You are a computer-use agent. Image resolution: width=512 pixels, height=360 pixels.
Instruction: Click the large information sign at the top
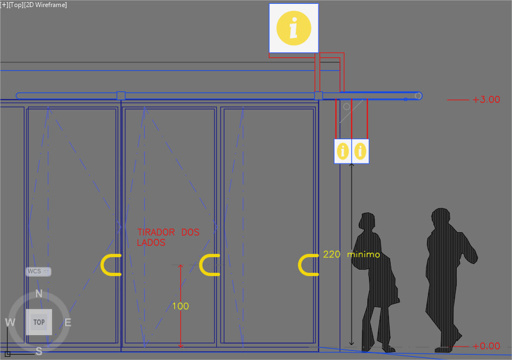(x=294, y=28)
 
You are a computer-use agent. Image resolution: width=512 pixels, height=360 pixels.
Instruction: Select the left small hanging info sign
(x=343, y=151)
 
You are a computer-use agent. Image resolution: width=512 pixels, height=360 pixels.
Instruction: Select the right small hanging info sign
(x=361, y=151)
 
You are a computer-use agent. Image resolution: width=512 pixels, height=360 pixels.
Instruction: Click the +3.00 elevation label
(x=485, y=100)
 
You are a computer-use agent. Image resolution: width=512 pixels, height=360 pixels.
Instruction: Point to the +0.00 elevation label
(x=485, y=346)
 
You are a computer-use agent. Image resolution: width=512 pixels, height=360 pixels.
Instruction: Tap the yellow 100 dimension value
(x=180, y=306)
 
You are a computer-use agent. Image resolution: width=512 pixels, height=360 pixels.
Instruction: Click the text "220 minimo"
(x=352, y=254)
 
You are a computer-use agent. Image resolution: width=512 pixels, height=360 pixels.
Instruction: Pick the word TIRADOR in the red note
(x=156, y=232)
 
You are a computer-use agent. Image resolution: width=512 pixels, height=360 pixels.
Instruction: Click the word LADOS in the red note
(x=151, y=243)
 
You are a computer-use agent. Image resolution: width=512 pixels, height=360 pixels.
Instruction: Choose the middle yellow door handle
(x=209, y=265)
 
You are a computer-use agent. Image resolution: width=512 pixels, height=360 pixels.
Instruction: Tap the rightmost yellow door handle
(x=308, y=265)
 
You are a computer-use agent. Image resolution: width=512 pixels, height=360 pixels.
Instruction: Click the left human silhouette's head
(x=368, y=221)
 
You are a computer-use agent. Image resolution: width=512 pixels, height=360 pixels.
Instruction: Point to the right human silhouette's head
(x=440, y=215)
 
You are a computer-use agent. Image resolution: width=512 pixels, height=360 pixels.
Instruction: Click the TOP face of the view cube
(x=39, y=322)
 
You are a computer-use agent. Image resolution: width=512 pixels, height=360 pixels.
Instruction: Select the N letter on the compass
(x=39, y=294)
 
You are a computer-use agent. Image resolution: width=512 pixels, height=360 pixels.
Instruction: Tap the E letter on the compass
(x=68, y=323)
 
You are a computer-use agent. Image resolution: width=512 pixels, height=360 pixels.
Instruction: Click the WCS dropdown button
(x=38, y=271)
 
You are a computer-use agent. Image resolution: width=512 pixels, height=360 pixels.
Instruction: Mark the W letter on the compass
(x=10, y=323)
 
